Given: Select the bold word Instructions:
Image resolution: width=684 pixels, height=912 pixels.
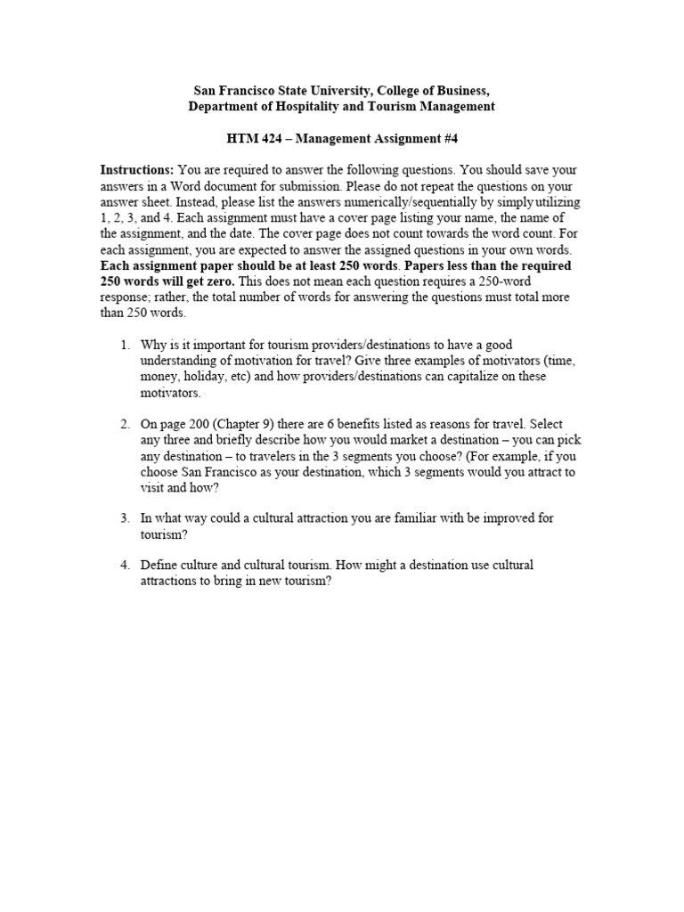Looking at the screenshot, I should pyautogui.click(x=136, y=170).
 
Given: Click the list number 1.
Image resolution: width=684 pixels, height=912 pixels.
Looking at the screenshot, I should pyautogui.click(x=125, y=345).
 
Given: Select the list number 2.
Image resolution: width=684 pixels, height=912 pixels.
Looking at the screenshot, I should pyautogui.click(x=125, y=424).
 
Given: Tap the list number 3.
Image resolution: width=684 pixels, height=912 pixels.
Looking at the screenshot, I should pyautogui.click(x=125, y=517).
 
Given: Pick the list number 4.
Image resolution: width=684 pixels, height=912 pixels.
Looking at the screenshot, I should pyautogui.click(x=125, y=566).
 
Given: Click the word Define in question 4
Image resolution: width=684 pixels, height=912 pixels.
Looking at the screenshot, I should pyautogui.click(x=159, y=566).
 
